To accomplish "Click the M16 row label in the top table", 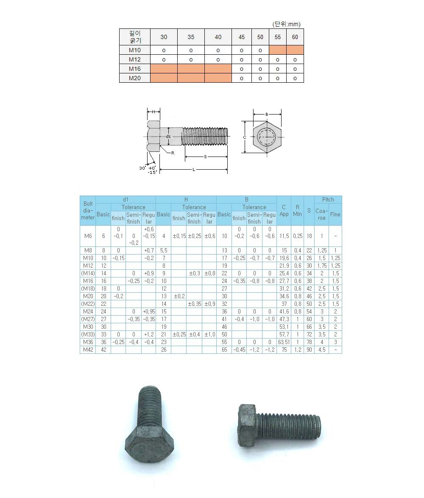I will [135, 69].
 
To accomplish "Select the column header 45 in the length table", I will [242, 37].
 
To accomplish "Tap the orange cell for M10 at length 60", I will [295, 50].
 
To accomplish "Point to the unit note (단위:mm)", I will [286, 24].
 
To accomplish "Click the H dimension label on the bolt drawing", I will [153, 112].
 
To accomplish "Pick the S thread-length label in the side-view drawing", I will [205, 157].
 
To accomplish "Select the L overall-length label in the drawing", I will [194, 170].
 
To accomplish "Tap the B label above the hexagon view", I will [267, 114].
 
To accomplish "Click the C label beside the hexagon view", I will [245, 137].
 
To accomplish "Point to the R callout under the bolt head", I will [173, 153].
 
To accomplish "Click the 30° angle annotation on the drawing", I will [143, 168].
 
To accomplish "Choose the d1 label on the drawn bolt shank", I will [168, 136].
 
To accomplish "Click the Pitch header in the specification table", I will [328, 199].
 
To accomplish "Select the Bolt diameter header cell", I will [88, 210].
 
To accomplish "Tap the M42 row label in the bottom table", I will [88, 350].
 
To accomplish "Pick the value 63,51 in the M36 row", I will [284, 342].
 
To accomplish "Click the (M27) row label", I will [88, 319].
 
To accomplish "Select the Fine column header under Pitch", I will [335, 214].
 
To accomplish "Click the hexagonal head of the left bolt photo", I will [150, 445].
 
